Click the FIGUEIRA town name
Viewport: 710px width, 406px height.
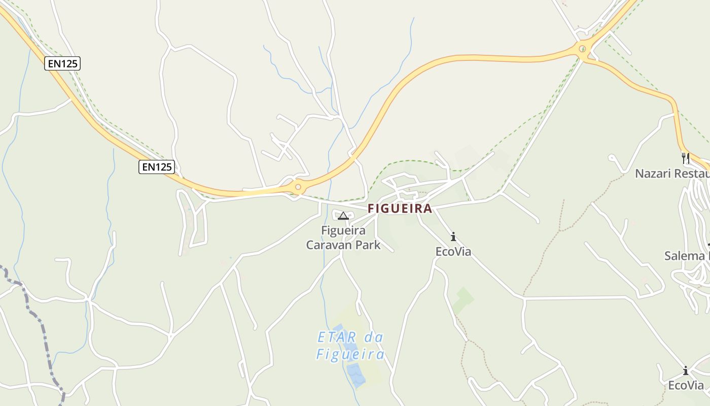(x=400, y=209)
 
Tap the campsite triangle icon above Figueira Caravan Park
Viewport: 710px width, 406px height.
(x=343, y=216)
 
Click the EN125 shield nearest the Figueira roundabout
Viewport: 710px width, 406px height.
(x=157, y=166)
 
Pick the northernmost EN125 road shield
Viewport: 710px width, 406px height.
(x=62, y=63)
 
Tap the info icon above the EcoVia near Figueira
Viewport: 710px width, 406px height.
(x=453, y=236)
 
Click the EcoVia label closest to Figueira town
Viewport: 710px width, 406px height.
(x=453, y=252)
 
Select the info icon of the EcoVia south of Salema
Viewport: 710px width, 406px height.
(x=686, y=370)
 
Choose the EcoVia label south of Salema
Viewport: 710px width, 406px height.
(x=686, y=385)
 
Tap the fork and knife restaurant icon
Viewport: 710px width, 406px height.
(x=686, y=158)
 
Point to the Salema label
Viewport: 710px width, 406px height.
(x=685, y=256)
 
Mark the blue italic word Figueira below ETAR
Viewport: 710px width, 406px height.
(x=350, y=354)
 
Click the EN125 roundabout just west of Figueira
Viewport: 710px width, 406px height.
(x=298, y=187)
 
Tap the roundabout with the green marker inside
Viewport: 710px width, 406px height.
(x=583, y=49)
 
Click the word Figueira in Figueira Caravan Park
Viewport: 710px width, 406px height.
(x=343, y=231)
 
